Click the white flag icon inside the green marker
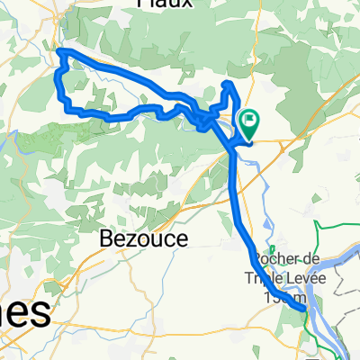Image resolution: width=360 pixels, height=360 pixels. pos(247,119)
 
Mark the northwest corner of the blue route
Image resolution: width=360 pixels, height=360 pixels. pos(60,51)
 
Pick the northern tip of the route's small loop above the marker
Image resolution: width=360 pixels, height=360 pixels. pos(229,84)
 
